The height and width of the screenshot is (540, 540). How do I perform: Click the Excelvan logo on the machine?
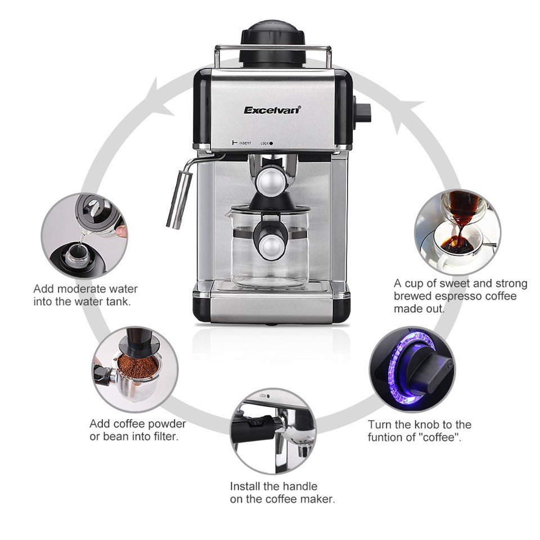[272, 110]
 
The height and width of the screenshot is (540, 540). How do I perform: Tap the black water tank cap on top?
[272, 43]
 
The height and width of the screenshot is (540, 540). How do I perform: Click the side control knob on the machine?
[362, 112]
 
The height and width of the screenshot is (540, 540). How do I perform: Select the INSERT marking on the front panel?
[242, 142]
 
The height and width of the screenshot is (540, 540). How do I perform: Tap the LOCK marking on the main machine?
[267, 143]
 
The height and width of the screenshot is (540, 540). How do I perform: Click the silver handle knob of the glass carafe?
[271, 246]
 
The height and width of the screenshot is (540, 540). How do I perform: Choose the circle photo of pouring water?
[84, 236]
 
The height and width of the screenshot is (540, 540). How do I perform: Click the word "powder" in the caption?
[163, 424]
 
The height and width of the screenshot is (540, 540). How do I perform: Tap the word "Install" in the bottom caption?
[245, 486]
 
